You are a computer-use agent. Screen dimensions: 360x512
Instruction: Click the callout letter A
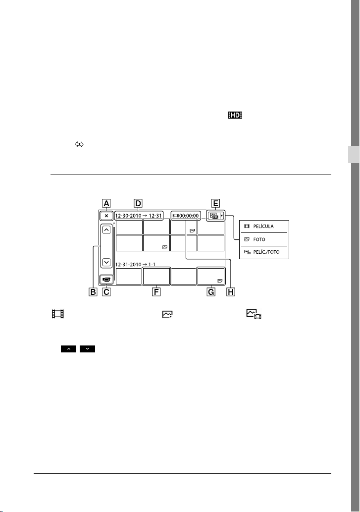coord(106,203)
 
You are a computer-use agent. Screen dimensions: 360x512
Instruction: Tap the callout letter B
coord(93,291)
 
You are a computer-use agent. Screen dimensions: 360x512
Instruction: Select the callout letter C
coord(106,291)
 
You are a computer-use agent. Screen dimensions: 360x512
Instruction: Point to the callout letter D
coord(138,203)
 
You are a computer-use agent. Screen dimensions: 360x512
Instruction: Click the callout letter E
coord(215,203)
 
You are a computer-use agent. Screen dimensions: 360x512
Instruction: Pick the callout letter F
coord(156,291)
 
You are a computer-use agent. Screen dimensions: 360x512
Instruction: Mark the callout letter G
coord(211,291)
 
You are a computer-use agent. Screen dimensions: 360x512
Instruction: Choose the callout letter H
coord(231,291)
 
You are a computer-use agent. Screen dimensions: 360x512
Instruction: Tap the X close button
coord(106,216)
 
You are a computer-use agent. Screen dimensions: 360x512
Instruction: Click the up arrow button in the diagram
coord(106,229)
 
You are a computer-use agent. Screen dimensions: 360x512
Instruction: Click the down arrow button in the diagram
coord(106,262)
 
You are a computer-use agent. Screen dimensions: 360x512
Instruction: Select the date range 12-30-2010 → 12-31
coord(139,216)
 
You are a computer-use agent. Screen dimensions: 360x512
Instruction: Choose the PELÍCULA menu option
coord(263,227)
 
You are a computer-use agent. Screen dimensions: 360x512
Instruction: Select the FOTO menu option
coord(259,239)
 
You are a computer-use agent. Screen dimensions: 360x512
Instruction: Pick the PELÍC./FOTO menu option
coord(266,252)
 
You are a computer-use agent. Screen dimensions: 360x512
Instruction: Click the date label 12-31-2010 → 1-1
coord(135,265)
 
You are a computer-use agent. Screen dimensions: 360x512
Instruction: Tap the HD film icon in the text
coord(235,115)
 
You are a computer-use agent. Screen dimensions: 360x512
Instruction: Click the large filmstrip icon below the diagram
coord(58,314)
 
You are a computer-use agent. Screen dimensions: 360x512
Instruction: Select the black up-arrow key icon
coord(68,349)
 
